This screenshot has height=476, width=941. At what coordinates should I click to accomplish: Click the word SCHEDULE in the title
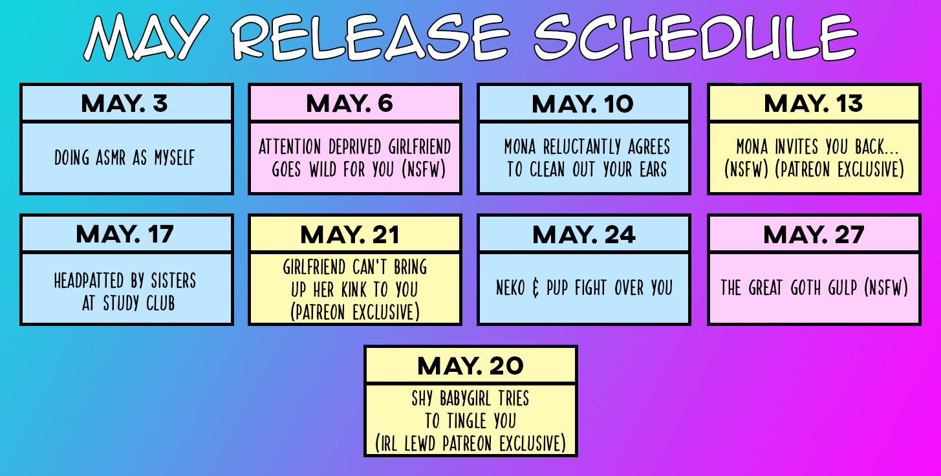695,37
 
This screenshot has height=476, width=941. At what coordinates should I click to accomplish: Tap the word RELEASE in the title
371,37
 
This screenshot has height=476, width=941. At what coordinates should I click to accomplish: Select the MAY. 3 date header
124,103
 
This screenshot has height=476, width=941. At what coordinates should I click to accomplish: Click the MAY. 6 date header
349,103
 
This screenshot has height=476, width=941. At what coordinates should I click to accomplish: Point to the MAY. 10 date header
583,103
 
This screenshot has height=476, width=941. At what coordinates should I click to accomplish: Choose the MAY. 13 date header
814,103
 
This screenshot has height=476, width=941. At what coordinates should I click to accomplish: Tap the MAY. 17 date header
125,234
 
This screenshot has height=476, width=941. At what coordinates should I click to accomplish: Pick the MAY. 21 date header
349,234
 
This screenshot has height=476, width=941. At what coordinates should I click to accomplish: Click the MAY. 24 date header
584,234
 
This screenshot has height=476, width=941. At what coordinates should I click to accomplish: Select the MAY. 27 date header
814,234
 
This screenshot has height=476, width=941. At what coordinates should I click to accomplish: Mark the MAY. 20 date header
471,365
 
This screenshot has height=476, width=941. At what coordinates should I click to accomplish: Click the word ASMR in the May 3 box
111,158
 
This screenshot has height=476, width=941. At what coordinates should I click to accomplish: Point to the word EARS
653,169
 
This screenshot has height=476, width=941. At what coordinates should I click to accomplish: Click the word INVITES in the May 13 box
797,147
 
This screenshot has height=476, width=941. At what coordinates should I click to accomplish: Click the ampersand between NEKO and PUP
535,288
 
